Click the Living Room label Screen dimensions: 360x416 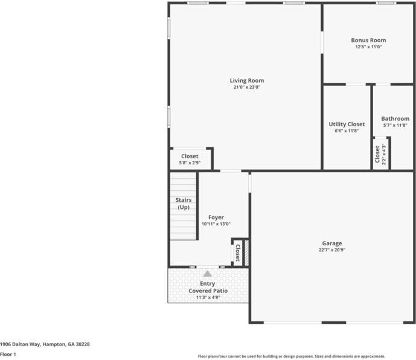tap(246, 80)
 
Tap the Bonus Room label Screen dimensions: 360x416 tap(368, 40)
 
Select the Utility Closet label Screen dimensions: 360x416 tap(347, 124)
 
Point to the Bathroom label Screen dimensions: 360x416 tap(395, 118)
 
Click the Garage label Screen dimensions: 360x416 tap(332, 243)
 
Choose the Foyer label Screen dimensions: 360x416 tap(216, 217)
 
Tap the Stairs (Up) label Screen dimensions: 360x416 tap(184, 204)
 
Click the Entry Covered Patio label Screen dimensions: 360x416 tap(208, 287)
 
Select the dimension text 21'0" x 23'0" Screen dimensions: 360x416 tap(246, 88)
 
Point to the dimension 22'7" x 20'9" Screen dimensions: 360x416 tap(332, 250)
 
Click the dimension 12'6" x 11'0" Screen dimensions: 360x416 tap(368, 47)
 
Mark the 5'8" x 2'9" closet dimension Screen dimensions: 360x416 tap(190, 163)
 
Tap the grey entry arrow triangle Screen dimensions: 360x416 tap(208, 274)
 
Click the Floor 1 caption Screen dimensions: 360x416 tap(8, 354)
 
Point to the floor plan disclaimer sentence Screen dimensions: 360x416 tap(292, 356)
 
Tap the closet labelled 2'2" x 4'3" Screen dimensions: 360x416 tap(380, 155)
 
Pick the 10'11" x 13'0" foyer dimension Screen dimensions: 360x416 tap(216, 224)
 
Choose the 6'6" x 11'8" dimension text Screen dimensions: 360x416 tap(347, 131)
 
